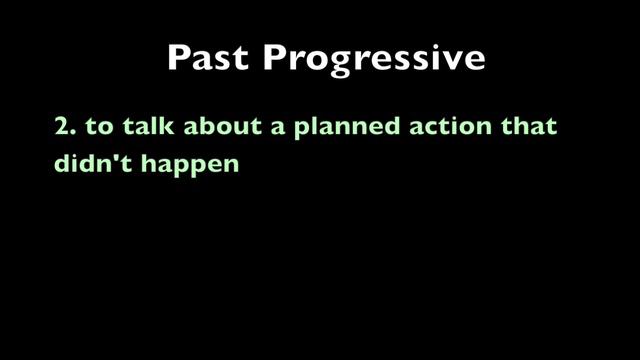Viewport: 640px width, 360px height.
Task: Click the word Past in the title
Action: click(x=207, y=58)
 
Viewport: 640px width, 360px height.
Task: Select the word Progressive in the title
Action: click(x=374, y=59)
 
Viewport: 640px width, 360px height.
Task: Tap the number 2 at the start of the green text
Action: click(x=61, y=128)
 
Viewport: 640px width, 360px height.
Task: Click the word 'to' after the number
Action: click(x=96, y=128)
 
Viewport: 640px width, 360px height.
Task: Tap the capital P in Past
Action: click(x=178, y=58)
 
